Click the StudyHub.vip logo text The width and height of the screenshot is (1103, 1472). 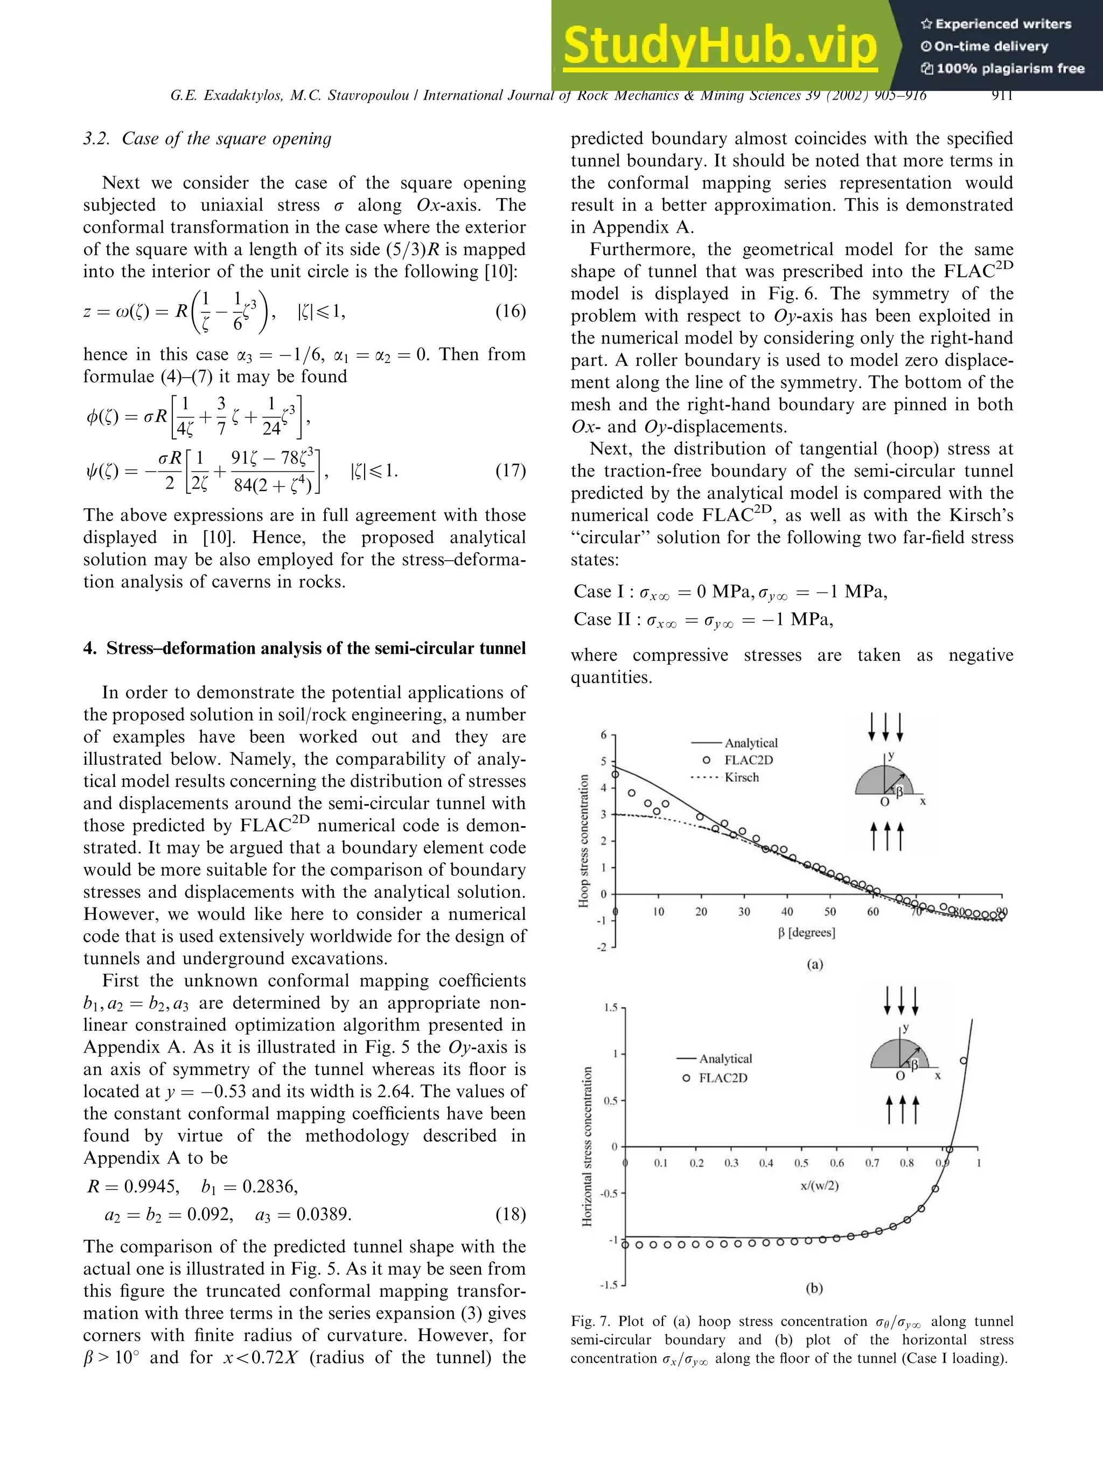coord(720,45)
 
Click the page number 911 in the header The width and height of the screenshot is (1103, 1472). coord(1001,95)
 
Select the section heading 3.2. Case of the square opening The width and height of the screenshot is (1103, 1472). coord(207,138)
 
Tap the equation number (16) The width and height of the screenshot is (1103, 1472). coord(510,311)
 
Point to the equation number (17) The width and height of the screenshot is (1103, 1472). coord(510,471)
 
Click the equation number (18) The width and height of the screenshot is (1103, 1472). coord(510,1215)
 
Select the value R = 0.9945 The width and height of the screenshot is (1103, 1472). coord(133,1187)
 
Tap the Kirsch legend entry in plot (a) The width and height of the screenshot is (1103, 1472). coord(741,777)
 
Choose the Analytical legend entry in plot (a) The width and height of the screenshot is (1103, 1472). coord(750,743)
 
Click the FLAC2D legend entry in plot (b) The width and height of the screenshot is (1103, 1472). coord(722,1078)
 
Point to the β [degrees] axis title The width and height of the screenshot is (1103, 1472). coord(806,932)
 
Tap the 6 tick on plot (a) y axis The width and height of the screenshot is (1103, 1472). coord(603,735)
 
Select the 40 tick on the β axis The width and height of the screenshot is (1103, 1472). coord(787,912)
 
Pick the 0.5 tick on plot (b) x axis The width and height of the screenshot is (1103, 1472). coord(801,1163)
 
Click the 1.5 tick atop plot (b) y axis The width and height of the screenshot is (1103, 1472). coord(610,1008)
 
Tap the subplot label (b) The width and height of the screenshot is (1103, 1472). coord(814,1288)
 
